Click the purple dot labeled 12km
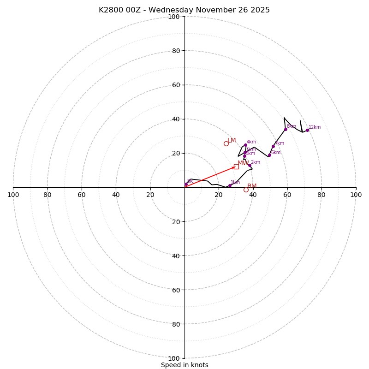pos(307,130)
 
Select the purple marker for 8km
pos(286,129)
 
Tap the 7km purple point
pos(273,146)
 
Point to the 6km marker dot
pos(269,155)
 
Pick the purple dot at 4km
pos(245,145)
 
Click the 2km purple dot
pos(250,165)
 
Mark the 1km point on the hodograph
pos(230,185)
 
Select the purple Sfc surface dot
pos(186,184)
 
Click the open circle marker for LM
pos(226,143)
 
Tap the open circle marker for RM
pos(246,190)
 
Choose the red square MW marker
pos(236,167)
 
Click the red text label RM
pos(252,186)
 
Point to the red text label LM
pos(232,140)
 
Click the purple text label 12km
pos(315,127)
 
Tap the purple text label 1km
pos(235,183)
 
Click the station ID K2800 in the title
pos(110,10)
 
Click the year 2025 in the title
pos(260,10)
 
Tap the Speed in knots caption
pos(184,365)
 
